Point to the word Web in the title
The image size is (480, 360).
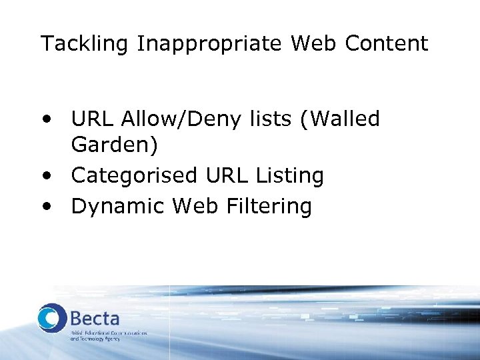314,44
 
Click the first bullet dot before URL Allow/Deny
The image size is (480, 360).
45,121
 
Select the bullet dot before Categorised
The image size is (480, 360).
45,177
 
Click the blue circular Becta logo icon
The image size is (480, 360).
52,317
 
